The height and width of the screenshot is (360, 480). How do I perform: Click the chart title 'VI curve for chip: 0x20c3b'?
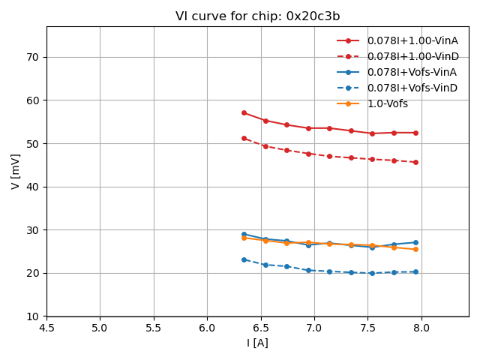pyautogui.click(x=257, y=16)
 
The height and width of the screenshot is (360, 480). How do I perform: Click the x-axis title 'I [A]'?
pyautogui.click(x=257, y=343)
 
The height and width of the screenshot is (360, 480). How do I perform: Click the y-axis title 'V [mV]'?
pyautogui.click(x=16, y=171)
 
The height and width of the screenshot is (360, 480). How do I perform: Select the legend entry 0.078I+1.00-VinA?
pyautogui.click(x=412, y=40)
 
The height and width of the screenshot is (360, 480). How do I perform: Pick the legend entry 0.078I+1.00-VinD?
pyautogui.click(x=412, y=56)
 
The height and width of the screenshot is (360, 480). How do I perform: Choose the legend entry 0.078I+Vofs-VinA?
pyautogui.click(x=412, y=72)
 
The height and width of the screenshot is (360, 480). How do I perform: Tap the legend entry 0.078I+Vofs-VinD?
pyautogui.click(x=412, y=88)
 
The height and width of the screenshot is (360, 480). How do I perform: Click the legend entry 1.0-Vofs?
pyautogui.click(x=387, y=103)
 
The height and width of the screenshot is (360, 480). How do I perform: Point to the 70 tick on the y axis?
pyautogui.click(x=33, y=57)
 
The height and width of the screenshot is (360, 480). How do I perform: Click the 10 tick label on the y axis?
pyautogui.click(x=33, y=316)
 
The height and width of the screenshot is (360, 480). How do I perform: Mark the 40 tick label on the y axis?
pyautogui.click(x=33, y=187)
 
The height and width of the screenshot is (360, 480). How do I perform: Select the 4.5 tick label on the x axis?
pyautogui.click(x=46, y=328)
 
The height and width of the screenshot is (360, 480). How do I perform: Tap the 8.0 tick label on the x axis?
pyautogui.click(x=421, y=328)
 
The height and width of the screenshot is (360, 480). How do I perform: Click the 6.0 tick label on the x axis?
pyautogui.click(x=207, y=328)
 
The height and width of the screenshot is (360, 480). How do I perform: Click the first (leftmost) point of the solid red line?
pyautogui.click(x=244, y=112)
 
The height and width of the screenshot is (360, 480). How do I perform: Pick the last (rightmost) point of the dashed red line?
pyautogui.click(x=415, y=162)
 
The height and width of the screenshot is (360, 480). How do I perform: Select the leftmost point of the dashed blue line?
pyautogui.click(x=244, y=259)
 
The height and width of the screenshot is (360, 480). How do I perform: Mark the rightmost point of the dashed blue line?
pyautogui.click(x=415, y=271)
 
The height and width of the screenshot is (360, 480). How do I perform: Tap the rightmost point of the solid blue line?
pyautogui.click(x=415, y=242)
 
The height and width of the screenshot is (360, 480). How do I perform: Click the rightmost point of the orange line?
pyautogui.click(x=415, y=249)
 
